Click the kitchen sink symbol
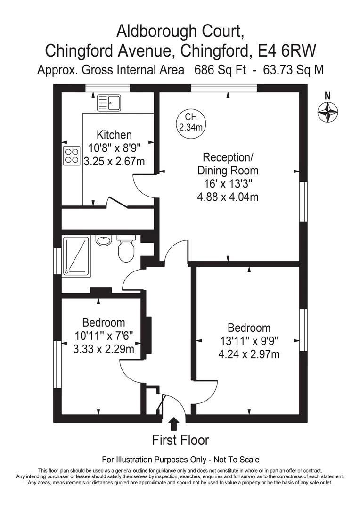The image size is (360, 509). click(108, 103)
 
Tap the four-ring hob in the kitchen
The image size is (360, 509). click(72, 156)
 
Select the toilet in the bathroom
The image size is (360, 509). click(126, 249)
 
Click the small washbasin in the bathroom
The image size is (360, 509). click(104, 240)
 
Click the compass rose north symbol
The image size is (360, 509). click(327, 112)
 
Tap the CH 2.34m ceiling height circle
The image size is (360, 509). click(191, 122)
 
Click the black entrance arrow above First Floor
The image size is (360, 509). click(174, 424)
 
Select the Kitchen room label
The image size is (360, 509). click(114, 134)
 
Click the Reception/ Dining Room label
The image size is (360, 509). click(228, 164)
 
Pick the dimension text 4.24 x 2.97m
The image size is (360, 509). click(249, 354)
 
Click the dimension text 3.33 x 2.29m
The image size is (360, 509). click(104, 349)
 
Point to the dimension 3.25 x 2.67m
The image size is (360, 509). click(114, 161)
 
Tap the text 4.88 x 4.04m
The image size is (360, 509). click(228, 197)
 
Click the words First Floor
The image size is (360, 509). click(180, 440)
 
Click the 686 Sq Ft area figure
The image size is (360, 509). click(221, 70)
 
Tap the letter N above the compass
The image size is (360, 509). click(328, 96)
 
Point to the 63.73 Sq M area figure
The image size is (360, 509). click(293, 70)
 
